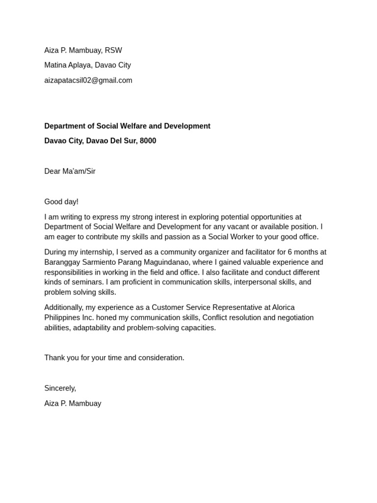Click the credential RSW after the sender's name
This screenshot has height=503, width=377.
point(113,50)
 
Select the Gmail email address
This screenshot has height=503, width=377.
point(88,80)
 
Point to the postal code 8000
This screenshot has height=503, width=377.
point(148,140)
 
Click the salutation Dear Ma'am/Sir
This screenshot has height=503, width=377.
point(70,171)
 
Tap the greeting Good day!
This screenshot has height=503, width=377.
point(61,201)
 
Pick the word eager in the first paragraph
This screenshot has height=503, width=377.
point(67,237)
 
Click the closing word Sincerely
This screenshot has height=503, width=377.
point(60,388)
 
